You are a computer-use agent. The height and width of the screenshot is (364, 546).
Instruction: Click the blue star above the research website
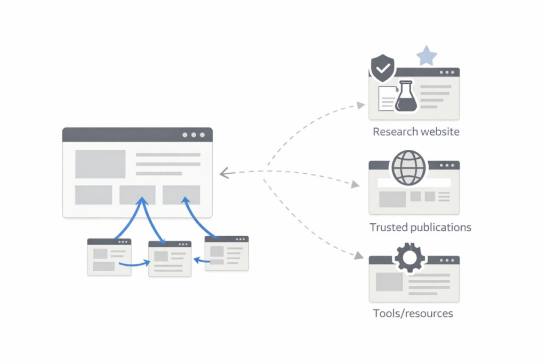pos(426,56)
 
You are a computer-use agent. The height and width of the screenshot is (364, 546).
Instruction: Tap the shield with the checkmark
pos(382,68)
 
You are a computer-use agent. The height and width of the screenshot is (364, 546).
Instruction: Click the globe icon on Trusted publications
pos(409,167)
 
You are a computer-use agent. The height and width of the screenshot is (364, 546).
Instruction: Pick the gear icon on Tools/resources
pos(409,258)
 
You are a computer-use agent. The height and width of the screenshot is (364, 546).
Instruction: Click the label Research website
pos(416,132)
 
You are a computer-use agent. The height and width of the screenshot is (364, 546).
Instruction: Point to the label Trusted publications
pos(420,228)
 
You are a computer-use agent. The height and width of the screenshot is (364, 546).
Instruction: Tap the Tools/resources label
pos(413,313)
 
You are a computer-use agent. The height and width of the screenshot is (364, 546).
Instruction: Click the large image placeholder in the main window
pos(100,164)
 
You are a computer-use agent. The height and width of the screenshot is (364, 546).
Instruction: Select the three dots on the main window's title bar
pos(193,135)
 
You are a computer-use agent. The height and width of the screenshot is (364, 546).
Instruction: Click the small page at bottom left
pos(109,257)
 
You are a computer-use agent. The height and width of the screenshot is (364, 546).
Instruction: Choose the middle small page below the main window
pos(170,258)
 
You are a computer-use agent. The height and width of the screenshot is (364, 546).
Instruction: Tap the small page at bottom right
pos(227,254)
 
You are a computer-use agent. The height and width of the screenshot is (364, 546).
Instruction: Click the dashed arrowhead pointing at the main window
pos(224,173)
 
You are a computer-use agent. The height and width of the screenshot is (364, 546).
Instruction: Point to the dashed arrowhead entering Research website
pos(361,106)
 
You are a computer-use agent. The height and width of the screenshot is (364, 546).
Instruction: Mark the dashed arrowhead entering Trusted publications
pos(355,185)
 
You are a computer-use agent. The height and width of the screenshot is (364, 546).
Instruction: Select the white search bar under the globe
pos(414,183)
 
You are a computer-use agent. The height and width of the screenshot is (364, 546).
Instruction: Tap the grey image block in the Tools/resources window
pos(389,281)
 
